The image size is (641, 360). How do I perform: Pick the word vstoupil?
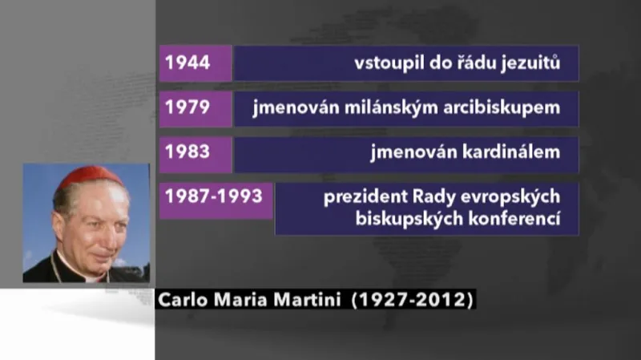click(x=385, y=63)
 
